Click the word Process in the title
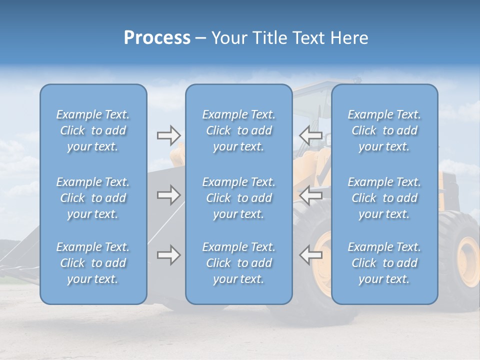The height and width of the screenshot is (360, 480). pos(157,38)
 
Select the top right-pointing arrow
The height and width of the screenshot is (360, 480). pos(168,135)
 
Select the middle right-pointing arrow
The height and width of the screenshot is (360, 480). pos(168,195)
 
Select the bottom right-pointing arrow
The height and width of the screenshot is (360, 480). pos(168,255)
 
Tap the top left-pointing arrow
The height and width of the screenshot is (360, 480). pos(310,135)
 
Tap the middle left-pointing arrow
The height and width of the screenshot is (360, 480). pos(310,195)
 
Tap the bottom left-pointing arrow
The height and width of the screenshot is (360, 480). pos(310,255)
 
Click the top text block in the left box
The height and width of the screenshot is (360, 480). pos(93,130)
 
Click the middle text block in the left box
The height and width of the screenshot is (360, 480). pos(93,198)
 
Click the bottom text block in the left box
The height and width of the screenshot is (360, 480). pos(93,263)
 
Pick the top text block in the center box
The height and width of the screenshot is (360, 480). pos(239,130)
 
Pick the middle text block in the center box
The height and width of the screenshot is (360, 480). pos(239,198)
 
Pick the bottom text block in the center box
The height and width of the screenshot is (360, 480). pos(239,263)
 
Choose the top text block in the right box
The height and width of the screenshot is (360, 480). pos(384,130)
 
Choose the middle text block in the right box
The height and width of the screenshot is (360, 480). pos(384,198)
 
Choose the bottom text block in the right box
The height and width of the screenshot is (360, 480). pos(384,263)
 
